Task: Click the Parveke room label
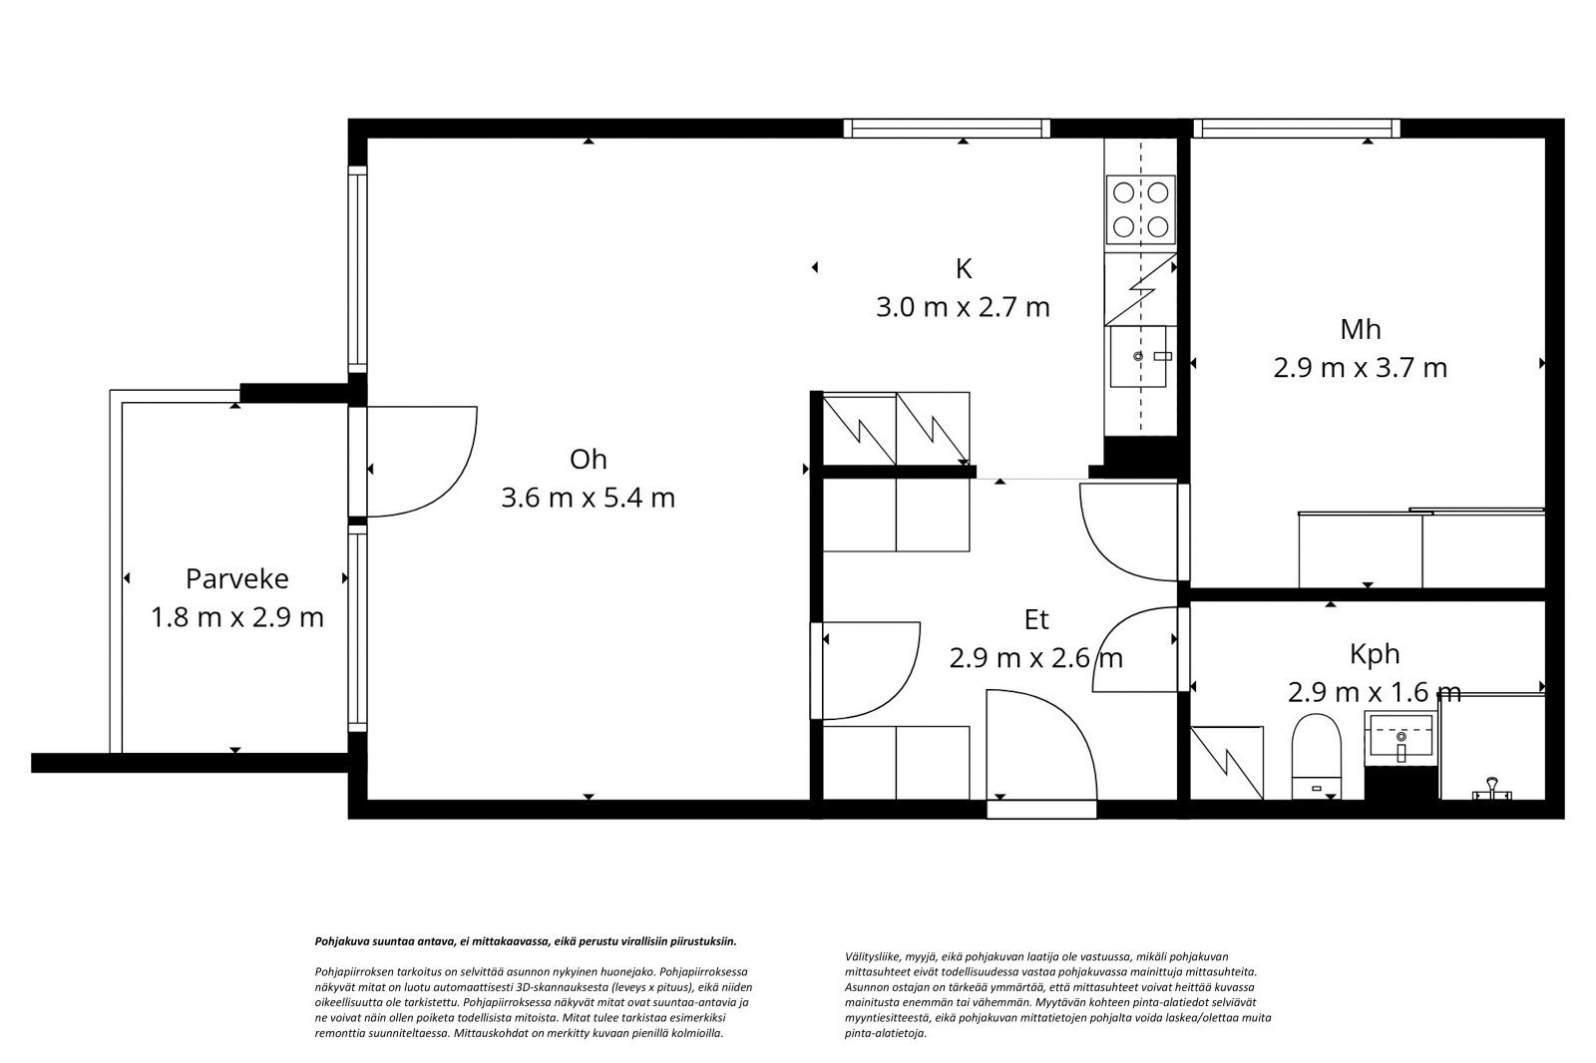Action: pos(237,578)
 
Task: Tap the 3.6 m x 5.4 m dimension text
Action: pos(588,498)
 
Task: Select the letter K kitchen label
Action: pos(964,269)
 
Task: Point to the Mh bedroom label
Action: pos(1361,329)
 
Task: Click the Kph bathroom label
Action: pos(1375,655)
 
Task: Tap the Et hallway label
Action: pos(1036,620)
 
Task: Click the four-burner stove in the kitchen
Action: pos(1140,209)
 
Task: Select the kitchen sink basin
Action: pos(1138,356)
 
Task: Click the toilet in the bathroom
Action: pos(1316,756)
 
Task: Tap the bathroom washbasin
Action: pos(1400,738)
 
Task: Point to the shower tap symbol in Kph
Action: pos(1492,789)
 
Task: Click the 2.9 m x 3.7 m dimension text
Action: pos(1361,368)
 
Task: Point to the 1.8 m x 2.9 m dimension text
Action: pos(237,617)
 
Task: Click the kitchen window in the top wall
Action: pos(947,129)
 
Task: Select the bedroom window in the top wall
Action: pos(1297,129)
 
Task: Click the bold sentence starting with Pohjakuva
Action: pos(526,941)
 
